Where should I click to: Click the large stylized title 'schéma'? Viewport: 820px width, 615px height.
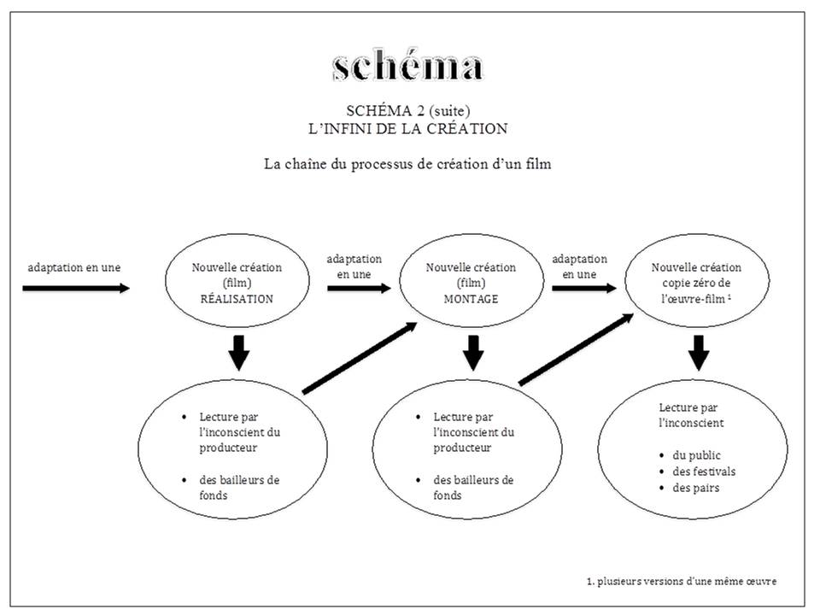407,67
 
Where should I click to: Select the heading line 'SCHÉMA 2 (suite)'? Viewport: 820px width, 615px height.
408,111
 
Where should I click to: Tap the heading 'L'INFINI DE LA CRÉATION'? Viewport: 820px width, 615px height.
408,129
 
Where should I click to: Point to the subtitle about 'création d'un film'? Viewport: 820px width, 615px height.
407,164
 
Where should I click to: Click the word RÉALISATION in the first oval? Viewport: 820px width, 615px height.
237,299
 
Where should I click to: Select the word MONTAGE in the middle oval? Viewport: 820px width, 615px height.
471,299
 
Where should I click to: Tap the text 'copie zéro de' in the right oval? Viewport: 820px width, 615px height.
696,283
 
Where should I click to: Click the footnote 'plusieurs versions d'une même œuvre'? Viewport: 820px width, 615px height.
682,581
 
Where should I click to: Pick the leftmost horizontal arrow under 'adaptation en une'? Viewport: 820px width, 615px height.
76,288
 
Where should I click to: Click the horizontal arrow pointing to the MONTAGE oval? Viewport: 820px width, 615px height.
359,288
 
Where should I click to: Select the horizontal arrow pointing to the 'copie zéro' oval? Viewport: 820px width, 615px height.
584,288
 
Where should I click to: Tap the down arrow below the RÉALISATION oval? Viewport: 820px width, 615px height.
239,353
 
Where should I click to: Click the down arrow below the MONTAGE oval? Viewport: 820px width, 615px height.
473,353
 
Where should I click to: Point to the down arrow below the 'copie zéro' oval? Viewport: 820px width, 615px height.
699,353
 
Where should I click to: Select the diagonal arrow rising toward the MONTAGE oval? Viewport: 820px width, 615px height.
360,358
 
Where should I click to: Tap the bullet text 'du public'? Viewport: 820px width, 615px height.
697,455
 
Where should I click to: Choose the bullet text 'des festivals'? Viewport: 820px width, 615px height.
704,471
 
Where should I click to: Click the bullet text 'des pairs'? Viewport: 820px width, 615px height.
696,488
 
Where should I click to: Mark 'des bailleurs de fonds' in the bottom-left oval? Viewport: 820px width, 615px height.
239,488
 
